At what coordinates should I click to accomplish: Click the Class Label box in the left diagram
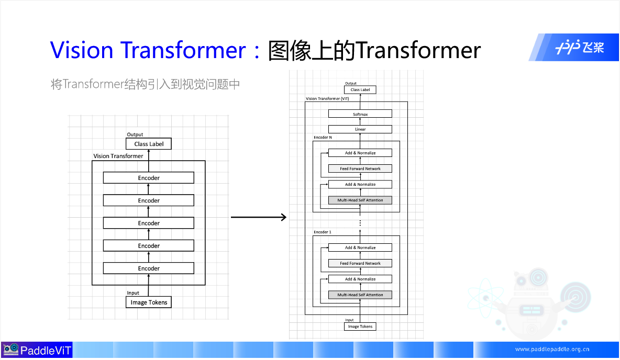pos(149,144)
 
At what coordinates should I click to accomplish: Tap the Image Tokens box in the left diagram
pos(149,302)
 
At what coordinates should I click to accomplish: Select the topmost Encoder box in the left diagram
pos(149,178)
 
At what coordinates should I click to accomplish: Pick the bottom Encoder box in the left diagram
pos(149,268)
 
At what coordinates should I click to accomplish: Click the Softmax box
pos(360,114)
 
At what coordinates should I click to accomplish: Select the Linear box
pos(360,129)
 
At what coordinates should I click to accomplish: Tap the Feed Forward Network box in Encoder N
pos(360,168)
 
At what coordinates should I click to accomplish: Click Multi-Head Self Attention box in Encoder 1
pos(360,295)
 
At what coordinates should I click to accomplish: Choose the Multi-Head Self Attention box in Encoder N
pos(360,200)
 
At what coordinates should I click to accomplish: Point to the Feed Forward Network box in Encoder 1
pos(360,263)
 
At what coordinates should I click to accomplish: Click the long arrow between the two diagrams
pos(259,217)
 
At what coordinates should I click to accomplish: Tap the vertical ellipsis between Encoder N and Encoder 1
pos(360,223)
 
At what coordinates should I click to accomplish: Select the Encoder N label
pos(323,138)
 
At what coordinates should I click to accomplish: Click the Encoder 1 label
pos(322,232)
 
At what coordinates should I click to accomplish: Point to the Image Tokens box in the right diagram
pos(360,327)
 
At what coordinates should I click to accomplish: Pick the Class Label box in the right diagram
pos(360,90)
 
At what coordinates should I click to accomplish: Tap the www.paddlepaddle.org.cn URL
pos(552,350)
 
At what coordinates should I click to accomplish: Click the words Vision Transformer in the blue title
pos(148,50)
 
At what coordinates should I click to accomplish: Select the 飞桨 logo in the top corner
pos(580,48)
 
